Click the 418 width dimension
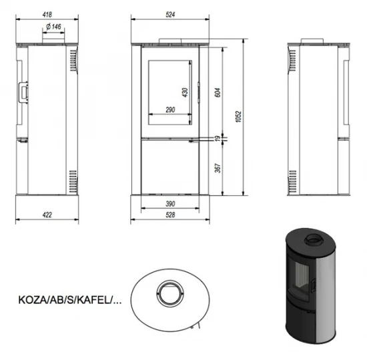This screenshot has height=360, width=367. pos(47,12)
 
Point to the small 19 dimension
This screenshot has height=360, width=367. pos(218,139)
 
